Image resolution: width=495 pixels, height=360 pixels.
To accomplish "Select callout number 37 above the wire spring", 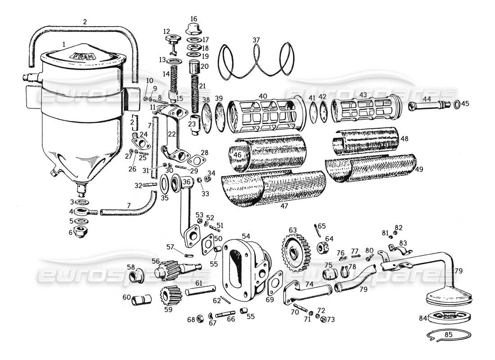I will click(x=256, y=40).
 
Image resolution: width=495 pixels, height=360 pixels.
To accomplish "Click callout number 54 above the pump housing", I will click(x=246, y=236).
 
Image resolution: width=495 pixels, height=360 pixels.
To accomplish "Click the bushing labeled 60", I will click(x=141, y=299).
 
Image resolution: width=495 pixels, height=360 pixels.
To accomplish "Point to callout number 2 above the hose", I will click(x=85, y=21).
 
